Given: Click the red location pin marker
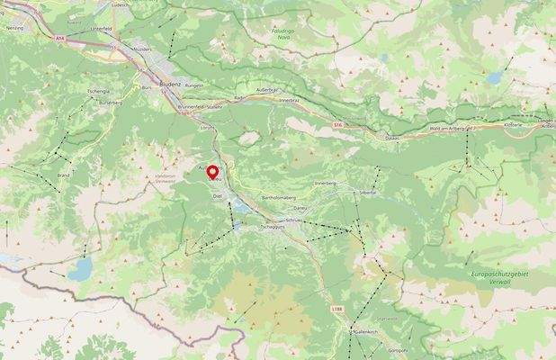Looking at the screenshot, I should [213, 173].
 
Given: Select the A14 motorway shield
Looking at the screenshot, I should [60, 39].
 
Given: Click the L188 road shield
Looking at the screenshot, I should [337, 310].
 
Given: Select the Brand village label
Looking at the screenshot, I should [63, 175].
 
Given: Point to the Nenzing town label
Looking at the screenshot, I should [13, 29].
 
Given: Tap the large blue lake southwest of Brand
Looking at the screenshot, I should [82, 267].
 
